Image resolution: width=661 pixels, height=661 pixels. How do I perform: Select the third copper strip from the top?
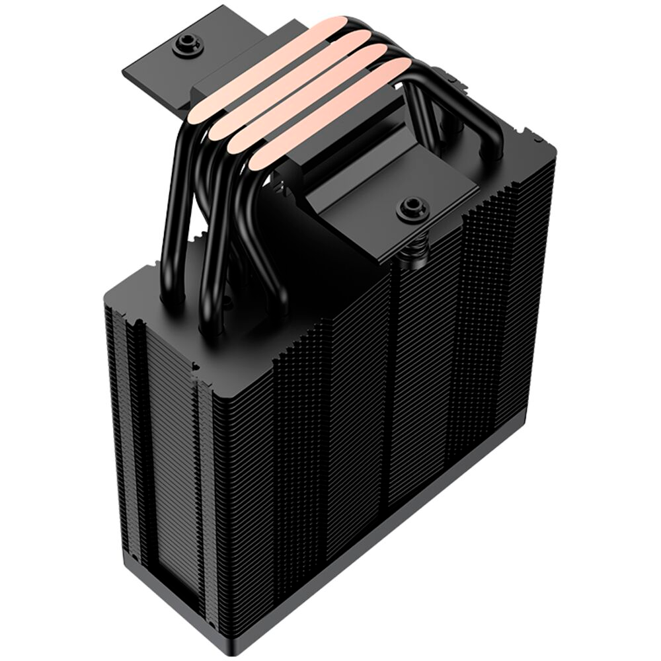317,99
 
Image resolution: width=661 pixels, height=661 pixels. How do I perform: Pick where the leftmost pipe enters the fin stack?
173,305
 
